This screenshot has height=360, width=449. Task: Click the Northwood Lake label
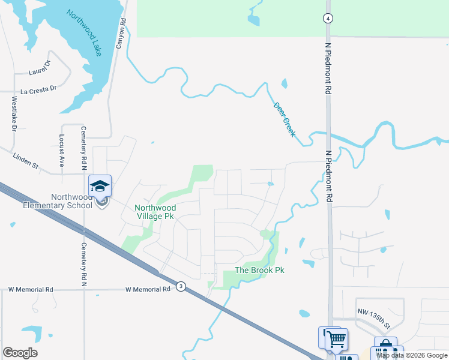[x=84, y=33]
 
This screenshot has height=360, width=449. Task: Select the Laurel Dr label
[x=40, y=71]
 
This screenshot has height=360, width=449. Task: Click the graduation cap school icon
[x=100, y=185]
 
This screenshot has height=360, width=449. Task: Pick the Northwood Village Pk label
[x=155, y=212]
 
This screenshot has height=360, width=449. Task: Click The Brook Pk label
[x=259, y=271]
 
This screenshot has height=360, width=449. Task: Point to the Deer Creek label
[x=285, y=119]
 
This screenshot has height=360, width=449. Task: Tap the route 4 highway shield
[x=327, y=18]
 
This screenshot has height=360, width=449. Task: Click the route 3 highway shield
[x=181, y=287]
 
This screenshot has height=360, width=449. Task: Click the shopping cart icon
[x=336, y=339]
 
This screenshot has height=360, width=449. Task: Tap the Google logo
[x=20, y=353]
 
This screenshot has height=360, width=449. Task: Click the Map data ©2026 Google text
[x=412, y=355]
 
